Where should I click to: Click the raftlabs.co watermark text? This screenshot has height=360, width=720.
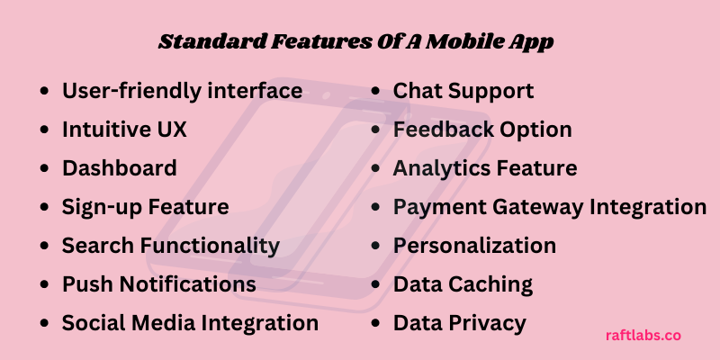(643, 335)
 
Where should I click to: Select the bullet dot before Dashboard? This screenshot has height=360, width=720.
(44, 169)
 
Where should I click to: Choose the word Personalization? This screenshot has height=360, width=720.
(474, 246)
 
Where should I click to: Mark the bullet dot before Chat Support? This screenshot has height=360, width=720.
(376, 92)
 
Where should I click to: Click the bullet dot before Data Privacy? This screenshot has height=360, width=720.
(376, 324)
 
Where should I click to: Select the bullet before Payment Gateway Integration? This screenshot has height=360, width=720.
(376, 208)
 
